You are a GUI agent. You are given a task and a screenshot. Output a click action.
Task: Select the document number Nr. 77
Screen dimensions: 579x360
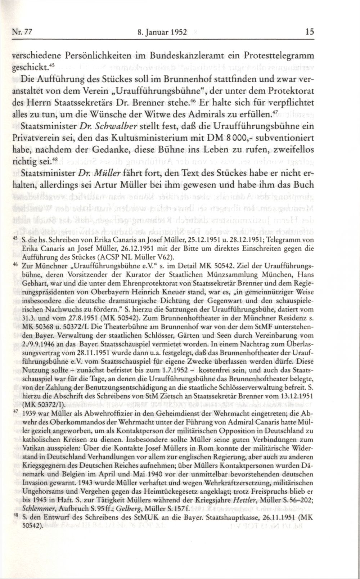[22, 32]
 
